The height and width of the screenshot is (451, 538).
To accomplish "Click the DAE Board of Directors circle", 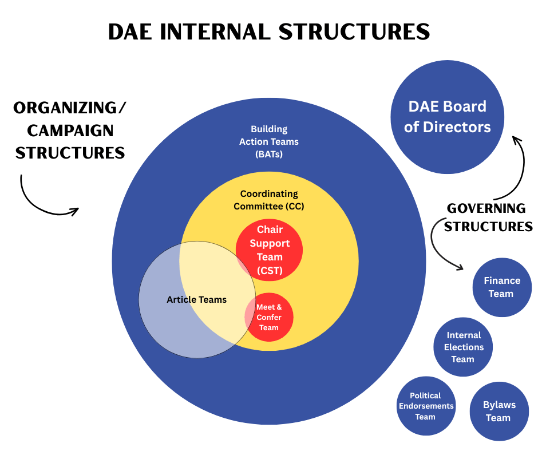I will click(447, 117).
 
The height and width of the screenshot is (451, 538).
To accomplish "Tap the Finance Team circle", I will click(502, 287).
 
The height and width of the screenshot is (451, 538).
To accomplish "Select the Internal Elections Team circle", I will click(462, 347).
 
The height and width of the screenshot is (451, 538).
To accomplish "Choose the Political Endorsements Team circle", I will click(425, 406).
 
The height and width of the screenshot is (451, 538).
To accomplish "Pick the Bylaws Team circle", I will click(499, 412).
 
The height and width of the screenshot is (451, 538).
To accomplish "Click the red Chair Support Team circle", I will click(270, 250).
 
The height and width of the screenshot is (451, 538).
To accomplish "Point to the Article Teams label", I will click(196, 299).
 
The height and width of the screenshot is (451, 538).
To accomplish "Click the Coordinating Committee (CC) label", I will click(269, 200).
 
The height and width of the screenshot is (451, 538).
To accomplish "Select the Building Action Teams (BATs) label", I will click(269, 141).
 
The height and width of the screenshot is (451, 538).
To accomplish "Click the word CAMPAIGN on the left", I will click(70, 130).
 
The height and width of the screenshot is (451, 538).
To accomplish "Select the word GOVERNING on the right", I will click(486, 208).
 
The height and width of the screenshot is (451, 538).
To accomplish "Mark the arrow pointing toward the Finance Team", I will click(444, 246).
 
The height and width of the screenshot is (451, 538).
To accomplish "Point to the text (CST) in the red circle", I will click(270, 270).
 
